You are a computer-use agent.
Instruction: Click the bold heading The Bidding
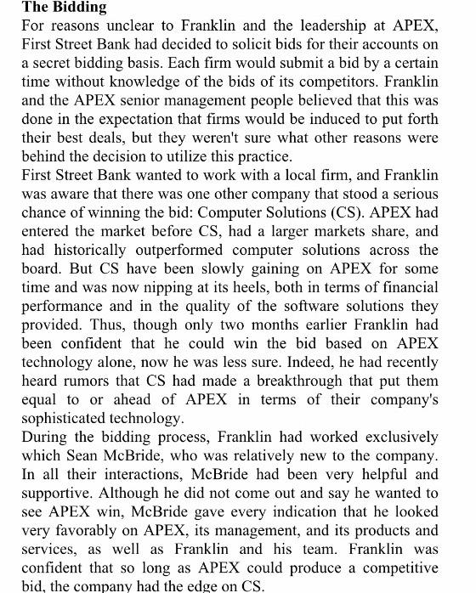(64, 8)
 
